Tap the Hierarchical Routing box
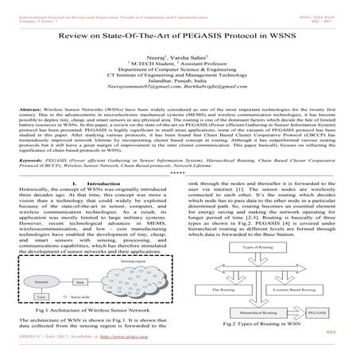(260, 325)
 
